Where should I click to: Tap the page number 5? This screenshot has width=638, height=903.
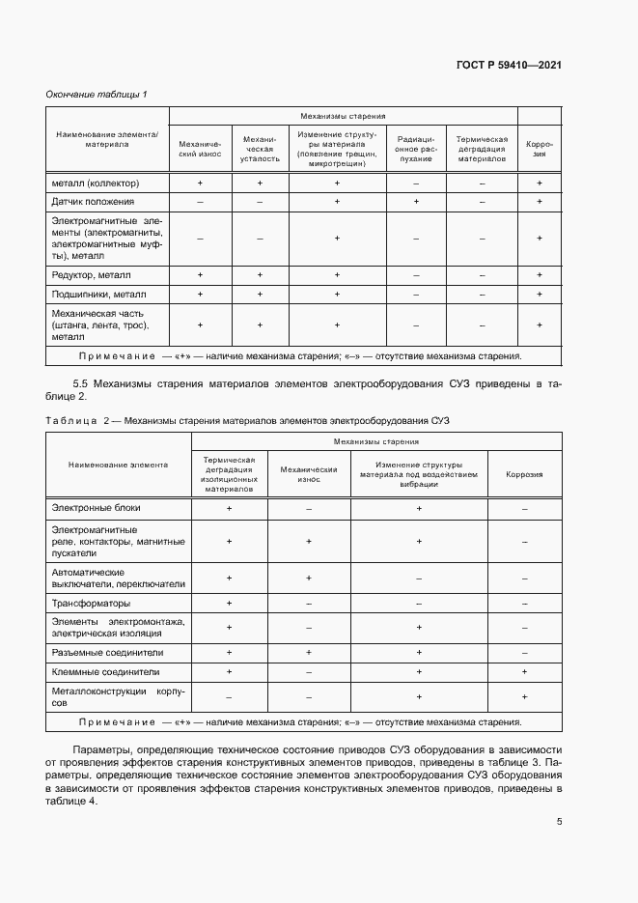tap(560, 822)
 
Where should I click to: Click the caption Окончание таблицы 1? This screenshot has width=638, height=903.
tap(97, 94)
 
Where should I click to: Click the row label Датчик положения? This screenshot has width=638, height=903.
tap(93, 202)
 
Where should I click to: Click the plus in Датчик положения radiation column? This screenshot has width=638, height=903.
tap(416, 202)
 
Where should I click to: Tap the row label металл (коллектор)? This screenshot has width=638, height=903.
tap(96, 183)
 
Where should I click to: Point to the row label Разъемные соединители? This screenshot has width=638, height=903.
tap(104, 652)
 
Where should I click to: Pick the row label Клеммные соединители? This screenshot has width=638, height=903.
tap(104, 670)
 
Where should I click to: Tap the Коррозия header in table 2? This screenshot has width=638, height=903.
tap(524, 474)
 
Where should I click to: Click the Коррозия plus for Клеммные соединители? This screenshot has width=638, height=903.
tap(524, 670)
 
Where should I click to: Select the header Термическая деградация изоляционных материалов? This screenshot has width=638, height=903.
tap(229, 474)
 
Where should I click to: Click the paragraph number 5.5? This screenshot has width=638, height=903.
tap(82, 383)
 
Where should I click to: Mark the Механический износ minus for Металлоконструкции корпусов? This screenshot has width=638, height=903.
tap(308, 696)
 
